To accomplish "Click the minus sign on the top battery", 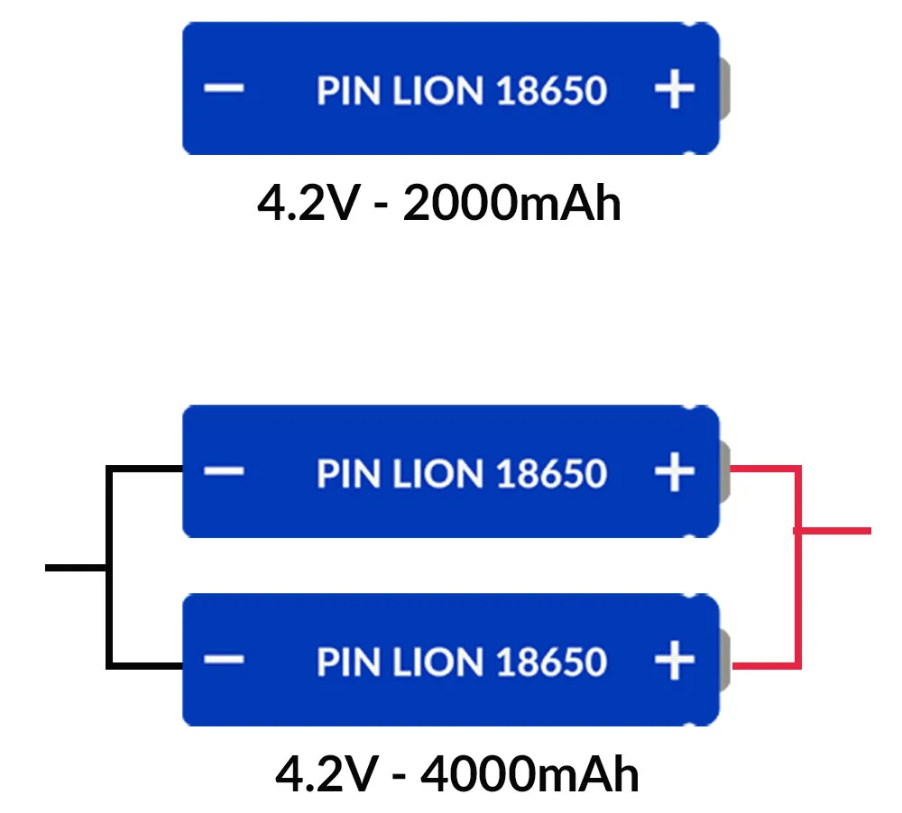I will tap(223, 88).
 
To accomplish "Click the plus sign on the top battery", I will tap(674, 89).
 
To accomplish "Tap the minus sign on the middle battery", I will tap(223, 471).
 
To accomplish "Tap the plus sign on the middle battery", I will tap(674, 472).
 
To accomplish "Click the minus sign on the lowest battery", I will tap(223, 660).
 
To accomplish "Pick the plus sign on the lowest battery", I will tap(674, 661).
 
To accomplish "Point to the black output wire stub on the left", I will tap(76, 567).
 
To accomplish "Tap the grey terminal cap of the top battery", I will tap(725, 89).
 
